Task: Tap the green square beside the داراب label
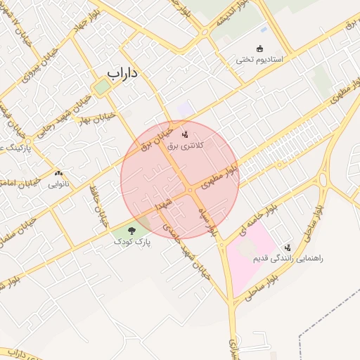103,86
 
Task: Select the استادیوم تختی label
259,60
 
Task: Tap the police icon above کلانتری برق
186,134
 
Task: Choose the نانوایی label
58,185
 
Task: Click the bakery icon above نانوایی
58,173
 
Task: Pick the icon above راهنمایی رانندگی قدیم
288,247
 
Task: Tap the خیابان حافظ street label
98,204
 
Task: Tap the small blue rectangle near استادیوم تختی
264,30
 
